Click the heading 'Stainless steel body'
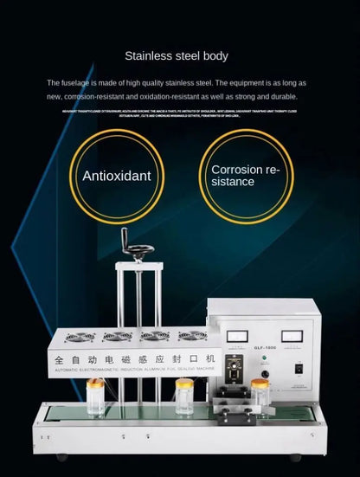point(177,56)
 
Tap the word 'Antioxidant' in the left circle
point(116,176)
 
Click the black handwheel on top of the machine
point(138,249)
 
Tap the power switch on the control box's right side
point(299,367)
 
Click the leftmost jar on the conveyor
point(95,396)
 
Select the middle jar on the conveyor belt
point(183,396)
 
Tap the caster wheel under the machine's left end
point(61,456)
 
